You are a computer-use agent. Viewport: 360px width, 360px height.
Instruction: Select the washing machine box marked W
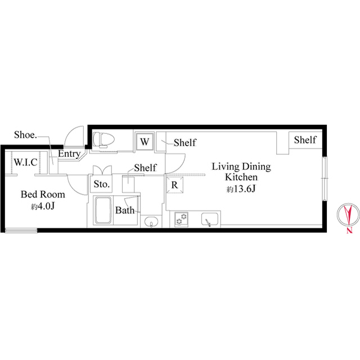145,141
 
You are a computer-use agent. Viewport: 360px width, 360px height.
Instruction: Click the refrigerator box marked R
175,184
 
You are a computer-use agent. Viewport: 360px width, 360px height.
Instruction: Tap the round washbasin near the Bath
149,223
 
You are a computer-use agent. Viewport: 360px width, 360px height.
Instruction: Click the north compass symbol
348,217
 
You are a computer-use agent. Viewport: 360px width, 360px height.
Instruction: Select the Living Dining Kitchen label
241,172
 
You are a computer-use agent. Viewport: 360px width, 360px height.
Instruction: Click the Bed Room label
43,195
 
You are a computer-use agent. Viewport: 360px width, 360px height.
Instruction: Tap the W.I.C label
26,163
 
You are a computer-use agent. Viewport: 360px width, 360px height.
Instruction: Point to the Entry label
69,154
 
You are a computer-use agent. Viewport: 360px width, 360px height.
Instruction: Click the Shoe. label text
25,136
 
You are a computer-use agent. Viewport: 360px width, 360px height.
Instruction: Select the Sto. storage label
101,184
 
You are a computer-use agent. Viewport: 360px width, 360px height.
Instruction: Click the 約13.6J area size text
241,190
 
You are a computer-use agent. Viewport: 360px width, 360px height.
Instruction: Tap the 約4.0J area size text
43,207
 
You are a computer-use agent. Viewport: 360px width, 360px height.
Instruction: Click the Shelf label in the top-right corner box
305,140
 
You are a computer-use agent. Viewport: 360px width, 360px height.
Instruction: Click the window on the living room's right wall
324,178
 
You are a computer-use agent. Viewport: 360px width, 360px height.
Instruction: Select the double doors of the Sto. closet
101,169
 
